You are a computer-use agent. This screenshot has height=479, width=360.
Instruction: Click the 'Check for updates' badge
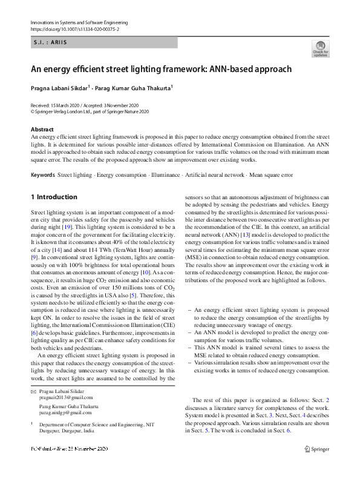[320, 48]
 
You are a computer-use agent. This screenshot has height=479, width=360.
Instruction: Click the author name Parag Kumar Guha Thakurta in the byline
[133, 88]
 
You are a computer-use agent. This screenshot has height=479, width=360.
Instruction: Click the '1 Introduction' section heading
[54, 197]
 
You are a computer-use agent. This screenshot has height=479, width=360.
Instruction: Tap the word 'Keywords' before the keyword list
[42, 175]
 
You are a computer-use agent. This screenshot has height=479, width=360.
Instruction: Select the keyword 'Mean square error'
[271, 175]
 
